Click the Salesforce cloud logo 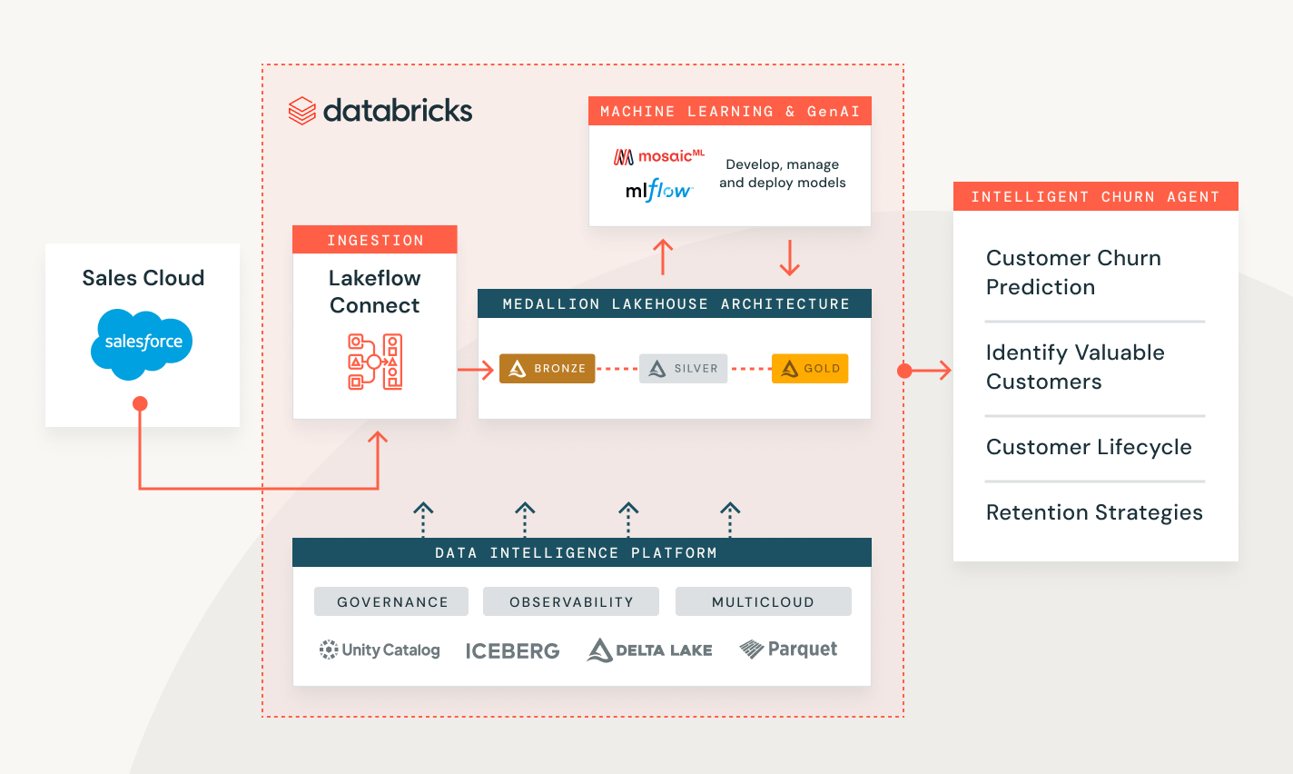coord(143,342)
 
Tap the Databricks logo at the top coord(380,111)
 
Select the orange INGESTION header coord(375,240)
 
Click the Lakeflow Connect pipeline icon coord(375,362)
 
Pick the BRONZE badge coord(548,368)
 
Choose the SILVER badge coord(684,368)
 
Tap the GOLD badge coord(810,368)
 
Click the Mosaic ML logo coord(659,156)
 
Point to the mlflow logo coord(659,190)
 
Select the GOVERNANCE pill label coord(391,601)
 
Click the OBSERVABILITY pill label coord(571,601)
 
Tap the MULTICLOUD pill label coord(763,601)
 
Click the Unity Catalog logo coord(380,650)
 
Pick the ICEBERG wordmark coord(512,650)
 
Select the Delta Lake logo coord(650,650)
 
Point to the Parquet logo coord(788,649)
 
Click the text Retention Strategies coord(1094,512)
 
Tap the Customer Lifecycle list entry coord(1089,447)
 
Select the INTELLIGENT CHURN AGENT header coord(1095,196)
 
